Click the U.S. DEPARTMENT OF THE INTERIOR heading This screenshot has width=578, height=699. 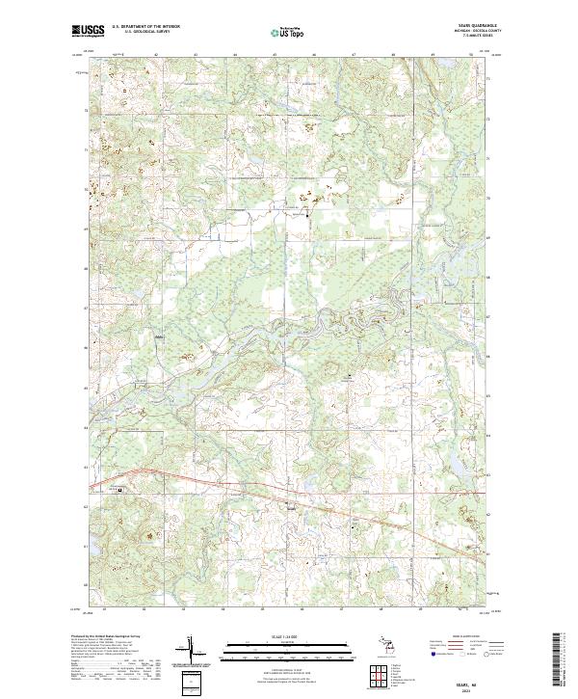145,27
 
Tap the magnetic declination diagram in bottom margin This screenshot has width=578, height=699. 190,651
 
